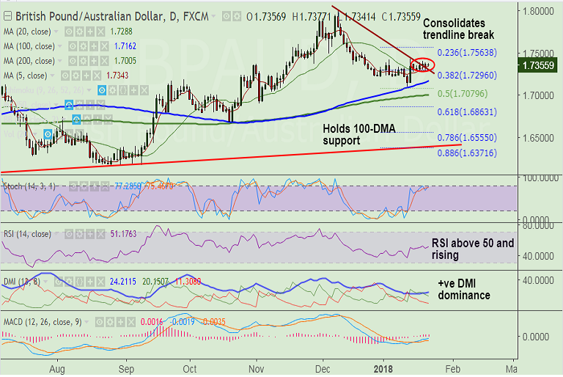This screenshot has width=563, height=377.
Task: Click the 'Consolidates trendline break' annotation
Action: tap(459, 29)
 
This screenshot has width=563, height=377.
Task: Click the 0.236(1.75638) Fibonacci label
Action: tap(467, 53)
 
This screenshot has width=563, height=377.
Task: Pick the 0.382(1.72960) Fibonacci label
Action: tap(467, 75)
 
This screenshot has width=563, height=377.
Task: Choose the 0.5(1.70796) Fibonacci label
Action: tap(463, 94)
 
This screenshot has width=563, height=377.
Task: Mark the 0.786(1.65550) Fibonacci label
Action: tap(467, 137)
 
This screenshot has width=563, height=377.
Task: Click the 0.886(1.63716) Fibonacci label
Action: tap(467, 152)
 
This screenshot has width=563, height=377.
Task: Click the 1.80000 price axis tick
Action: tap(538, 11)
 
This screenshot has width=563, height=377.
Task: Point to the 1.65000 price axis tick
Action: tap(538, 137)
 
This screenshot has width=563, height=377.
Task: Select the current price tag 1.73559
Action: tap(541, 66)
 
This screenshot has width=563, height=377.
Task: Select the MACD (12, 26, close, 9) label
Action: tap(43, 322)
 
